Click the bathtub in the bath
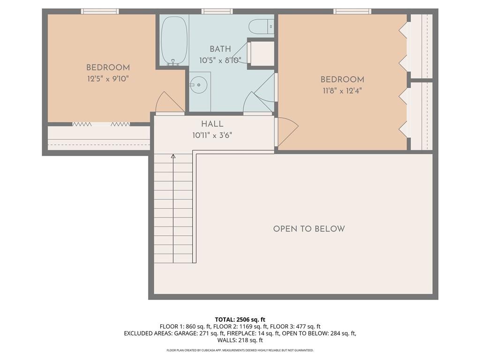[x=174, y=41]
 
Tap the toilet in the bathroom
[x=261, y=27]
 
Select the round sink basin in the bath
[x=199, y=84]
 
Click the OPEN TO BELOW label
[x=309, y=229]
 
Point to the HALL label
[x=212, y=124]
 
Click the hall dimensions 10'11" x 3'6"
[x=212, y=135]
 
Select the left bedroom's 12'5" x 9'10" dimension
[x=108, y=79]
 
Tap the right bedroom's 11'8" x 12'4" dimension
[x=342, y=91]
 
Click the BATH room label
[x=220, y=49]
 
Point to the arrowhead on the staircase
[x=173, y=156]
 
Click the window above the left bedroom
[x=100, y=11]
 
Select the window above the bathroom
[x=217, y=11]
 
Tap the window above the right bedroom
[x=352, y=11]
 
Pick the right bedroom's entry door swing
[x=286, y=132]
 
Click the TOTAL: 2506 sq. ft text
[x=240, y=320]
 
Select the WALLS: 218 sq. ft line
[x=240, y=340]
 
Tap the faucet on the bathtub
[x=173, y=63]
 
